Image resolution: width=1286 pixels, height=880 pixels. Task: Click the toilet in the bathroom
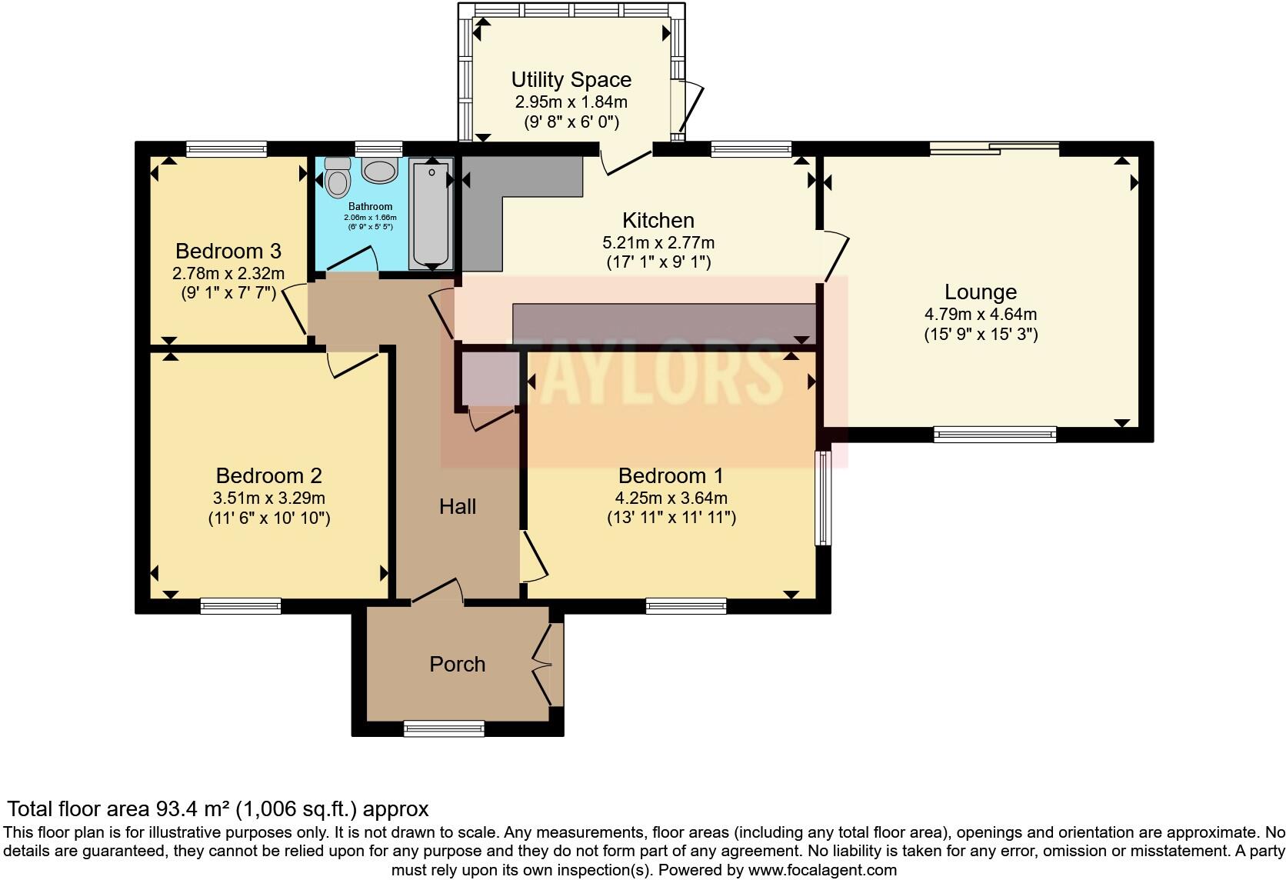337,178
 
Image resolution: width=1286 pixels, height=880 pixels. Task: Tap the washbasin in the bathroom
380,171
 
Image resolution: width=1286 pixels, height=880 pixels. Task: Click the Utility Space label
571,79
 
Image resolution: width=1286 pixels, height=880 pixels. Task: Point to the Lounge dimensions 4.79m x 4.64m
980,314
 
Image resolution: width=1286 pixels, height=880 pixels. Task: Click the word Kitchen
658,221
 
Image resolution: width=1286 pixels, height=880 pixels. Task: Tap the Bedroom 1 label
671,475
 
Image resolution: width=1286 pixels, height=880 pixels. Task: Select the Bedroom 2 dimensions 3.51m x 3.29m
269,498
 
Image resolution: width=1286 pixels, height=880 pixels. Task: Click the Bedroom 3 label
228,251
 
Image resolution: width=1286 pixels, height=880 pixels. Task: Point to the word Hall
458,506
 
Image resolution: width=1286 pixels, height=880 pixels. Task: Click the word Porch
457,664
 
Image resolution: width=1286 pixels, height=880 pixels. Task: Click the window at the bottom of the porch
445,728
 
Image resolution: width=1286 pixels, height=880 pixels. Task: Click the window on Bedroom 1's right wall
823,498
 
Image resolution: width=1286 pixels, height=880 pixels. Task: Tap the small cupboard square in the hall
489,378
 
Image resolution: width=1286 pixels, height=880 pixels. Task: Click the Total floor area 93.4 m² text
217,808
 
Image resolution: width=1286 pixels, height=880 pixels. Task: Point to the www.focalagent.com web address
822,870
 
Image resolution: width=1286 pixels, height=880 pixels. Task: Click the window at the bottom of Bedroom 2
241,606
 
